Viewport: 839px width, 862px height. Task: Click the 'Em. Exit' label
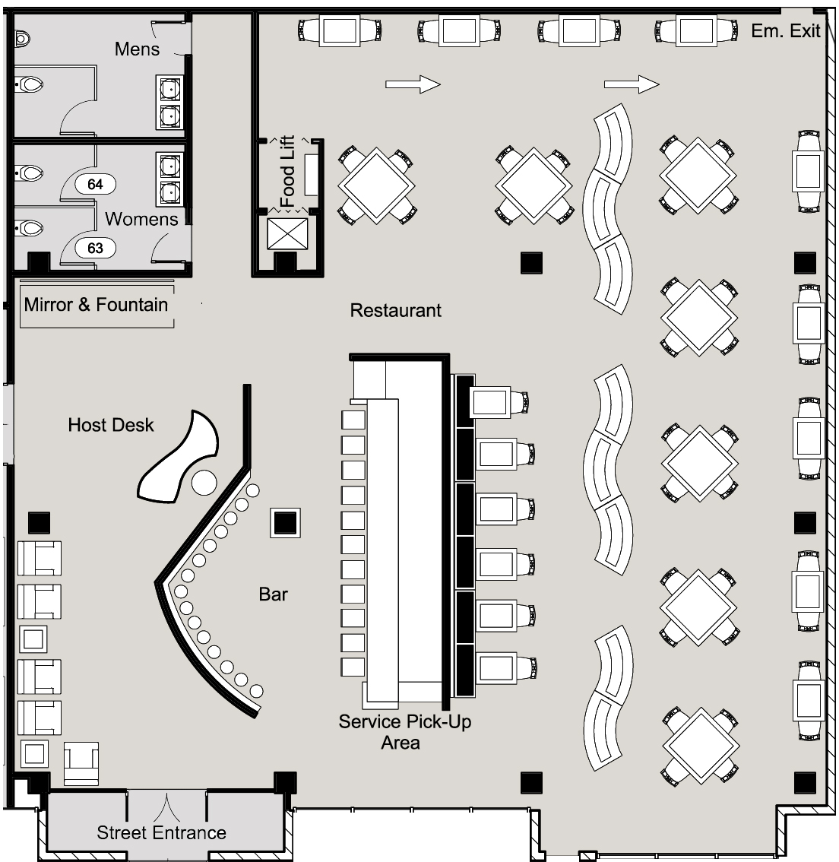coord(785,30)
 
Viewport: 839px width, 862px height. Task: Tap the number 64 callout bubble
coord(95,184)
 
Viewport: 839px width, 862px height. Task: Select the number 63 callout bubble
coord(95,248)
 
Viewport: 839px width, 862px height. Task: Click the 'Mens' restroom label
coord(137,49)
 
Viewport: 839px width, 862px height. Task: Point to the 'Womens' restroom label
coord(141,219)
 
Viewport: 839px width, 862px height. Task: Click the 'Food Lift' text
coord(287,171)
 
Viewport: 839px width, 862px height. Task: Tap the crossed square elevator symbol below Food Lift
coord(287,234)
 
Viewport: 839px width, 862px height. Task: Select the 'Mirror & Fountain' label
coord(96,304)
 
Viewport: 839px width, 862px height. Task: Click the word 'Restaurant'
coord(396,310)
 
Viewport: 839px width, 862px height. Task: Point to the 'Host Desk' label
coord(111,425)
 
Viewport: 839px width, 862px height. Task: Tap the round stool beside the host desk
coord(204,483)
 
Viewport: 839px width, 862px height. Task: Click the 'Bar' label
coord(273,594)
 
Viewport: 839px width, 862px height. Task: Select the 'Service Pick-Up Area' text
coord(404,732)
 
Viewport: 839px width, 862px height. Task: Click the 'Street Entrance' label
coord(162,832)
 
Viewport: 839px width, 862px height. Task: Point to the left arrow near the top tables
coord(413,84)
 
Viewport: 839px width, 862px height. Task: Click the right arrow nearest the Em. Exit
coord(632,84)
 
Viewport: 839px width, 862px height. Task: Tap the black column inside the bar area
coord(285,522)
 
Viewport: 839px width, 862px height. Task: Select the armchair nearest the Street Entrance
coord(81,763)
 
